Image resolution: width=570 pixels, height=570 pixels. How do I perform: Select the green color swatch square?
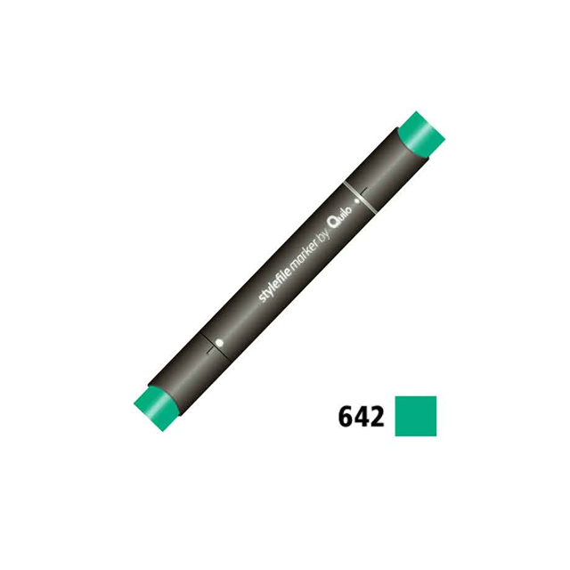click(x=416, y=416)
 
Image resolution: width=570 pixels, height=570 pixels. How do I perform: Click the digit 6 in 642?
click(x=346, y=417)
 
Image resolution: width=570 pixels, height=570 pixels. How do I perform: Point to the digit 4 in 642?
click(x=361, y=417)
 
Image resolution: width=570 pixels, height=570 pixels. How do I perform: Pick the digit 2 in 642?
click(x=376, y=417)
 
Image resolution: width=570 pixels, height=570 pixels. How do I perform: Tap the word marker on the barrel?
click(x=305, y=254)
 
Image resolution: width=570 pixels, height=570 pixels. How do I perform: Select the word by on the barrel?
click(x=324, y=235)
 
